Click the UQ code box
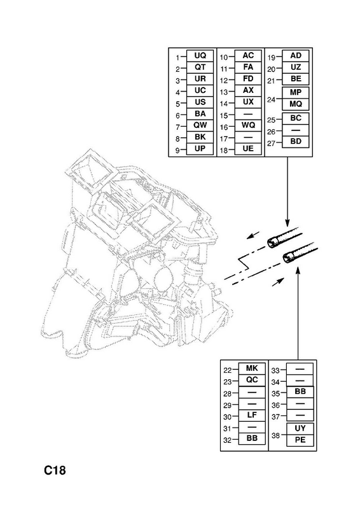pyautogui.click(x=200, y=55)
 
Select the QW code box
pyautogui.click(x=200, y=125)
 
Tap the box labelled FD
pyautogui.click(x=248, y=79)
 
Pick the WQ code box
pyautogui.click(x=248, y=125)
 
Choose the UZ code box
pyautogui.click(x=296, y=67)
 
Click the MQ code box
pyautogui.click(x=296, y=104)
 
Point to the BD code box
pyautogui.click(x=296, y=141)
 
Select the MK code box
pyautogui.click(x=252, y=368)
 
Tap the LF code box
pyautogui.click(x=252, y=415)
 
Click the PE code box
pyautogui.click(x=300, y=440)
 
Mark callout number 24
pyautogui.click(x=272, y=99)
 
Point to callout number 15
pyautogui.click(x=224, y=116)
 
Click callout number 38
pyautogui.click(x=275, y=435)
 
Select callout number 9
pyautogui.click(x=177, y=150)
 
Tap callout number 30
pyautogui.click(x=228, y=417)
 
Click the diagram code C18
pyautogui.click(x=55, y=470)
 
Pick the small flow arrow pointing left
pyautogui.click(x=253, y=235)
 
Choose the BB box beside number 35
pyautogui.click(x=300, y=392)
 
